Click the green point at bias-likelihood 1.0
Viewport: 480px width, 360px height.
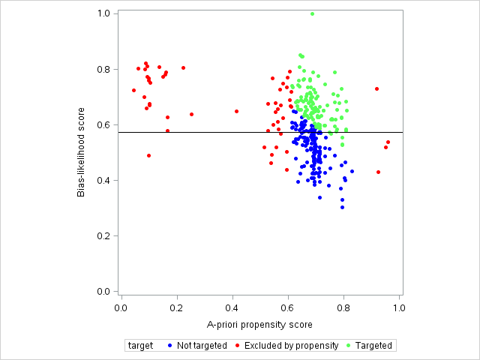point(312,13)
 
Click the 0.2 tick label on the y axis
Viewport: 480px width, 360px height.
point(104,235)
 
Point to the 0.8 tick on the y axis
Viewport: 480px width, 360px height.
point(115,69)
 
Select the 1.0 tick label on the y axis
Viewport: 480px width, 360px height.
point(104,13)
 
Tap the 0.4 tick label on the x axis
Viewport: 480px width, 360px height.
point(232,307)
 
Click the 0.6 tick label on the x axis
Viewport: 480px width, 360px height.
point(288,307)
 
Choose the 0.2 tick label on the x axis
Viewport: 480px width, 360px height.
point(177,307)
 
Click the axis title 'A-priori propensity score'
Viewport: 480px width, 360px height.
point(259,325)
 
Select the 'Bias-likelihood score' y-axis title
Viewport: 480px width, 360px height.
point(82,152)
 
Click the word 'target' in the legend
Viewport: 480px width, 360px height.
point(140,346)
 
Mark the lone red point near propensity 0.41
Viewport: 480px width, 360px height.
point(236,111)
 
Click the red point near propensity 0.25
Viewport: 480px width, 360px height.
point(191,114)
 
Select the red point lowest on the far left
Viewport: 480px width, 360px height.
point(148,155)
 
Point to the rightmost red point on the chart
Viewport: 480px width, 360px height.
point(388,142)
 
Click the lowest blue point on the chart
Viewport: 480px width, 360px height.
point(342,207)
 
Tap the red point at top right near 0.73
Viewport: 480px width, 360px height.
point(377,88)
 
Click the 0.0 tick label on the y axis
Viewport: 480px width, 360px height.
point(104,291)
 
